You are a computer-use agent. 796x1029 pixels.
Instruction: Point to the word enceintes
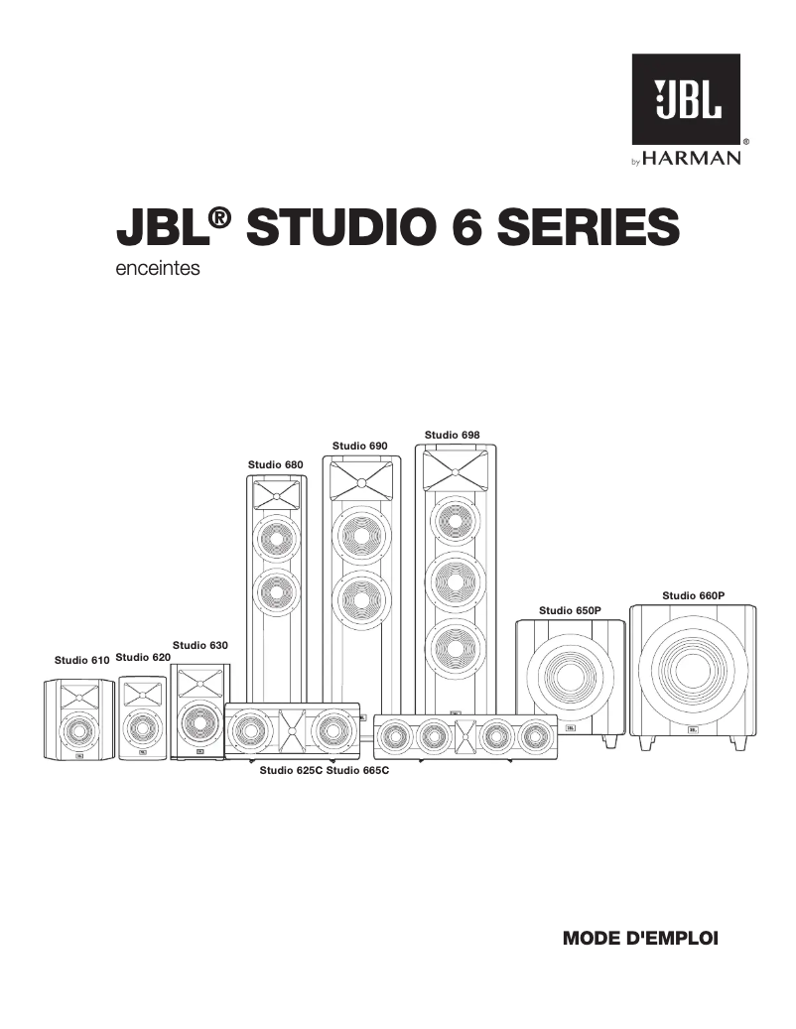(159, 268)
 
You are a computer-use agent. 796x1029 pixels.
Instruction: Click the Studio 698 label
(453, 435)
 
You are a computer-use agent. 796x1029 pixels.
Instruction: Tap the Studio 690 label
(359, 447)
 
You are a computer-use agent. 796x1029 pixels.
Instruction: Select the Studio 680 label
(275, 464)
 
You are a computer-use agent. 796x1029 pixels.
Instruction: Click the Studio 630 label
(200, 645)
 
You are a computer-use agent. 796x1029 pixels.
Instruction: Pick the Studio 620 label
(144, 657)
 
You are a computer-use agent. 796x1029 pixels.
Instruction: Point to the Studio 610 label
(81, 660)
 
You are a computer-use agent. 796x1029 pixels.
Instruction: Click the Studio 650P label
(570, 610)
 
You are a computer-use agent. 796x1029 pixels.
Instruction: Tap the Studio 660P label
(694, 595)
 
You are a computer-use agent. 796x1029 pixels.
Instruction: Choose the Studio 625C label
(291, 770)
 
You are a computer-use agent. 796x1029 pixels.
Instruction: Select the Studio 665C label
(356, 770)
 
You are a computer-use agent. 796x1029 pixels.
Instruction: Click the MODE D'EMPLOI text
(639, 937)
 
